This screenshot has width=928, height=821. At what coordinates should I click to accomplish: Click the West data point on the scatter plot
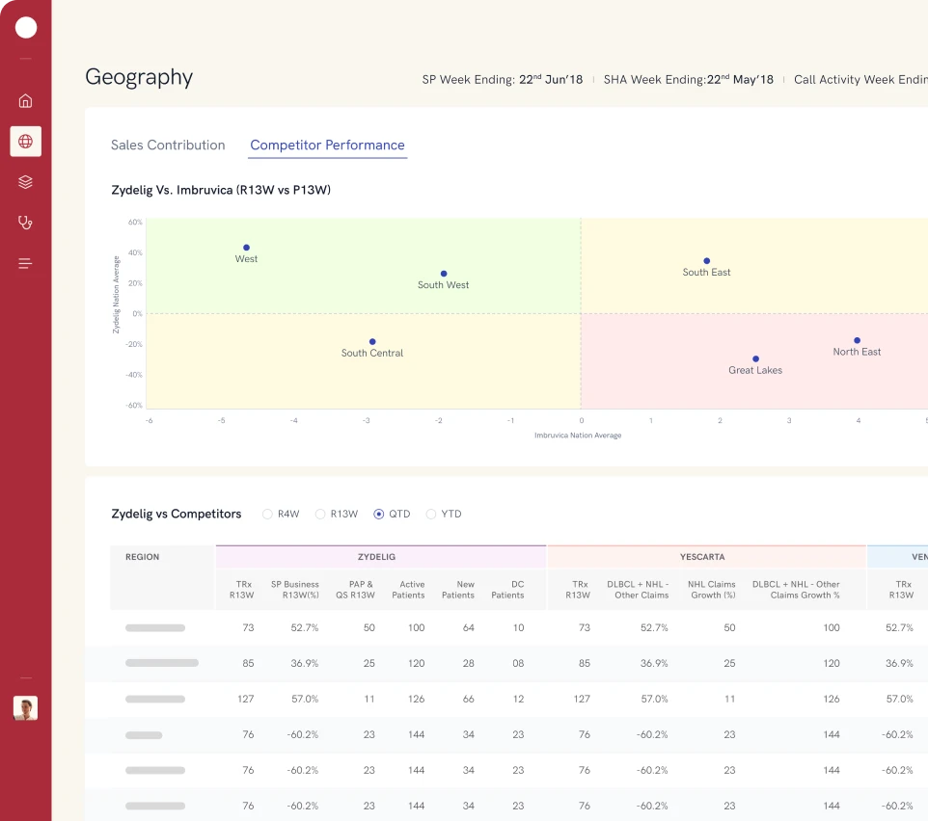coord(246,248)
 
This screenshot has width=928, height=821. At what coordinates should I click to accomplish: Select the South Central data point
coord(372,342)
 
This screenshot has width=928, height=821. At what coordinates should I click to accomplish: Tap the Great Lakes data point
coord(755,359)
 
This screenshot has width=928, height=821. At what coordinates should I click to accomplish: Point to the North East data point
coord(857,340)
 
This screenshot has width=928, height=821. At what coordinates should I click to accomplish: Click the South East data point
coord(706,261)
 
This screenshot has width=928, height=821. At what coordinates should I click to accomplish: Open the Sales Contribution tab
coord(168,146)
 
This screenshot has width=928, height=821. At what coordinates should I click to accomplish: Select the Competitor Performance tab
coord(327,146)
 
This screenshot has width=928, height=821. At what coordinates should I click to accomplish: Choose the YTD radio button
coord(431,515)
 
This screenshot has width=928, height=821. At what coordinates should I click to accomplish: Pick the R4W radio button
coord(268,515)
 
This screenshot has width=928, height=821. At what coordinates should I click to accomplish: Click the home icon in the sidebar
coord(26,100)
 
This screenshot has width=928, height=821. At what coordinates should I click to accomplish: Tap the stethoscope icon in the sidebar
coord(26,223)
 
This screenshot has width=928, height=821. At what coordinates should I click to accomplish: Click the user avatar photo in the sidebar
coord(25,708)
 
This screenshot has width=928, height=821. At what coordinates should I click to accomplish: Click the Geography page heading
coord(139,77)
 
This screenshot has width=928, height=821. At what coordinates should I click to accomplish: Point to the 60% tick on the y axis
coord(135,223)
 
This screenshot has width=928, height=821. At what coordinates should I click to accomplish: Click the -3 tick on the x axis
coord(366,421)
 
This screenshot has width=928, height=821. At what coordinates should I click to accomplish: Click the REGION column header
coord(143,557)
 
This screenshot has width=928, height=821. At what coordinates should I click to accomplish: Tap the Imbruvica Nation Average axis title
coord(578,436)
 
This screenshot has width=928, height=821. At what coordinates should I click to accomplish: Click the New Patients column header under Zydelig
coord(458,590)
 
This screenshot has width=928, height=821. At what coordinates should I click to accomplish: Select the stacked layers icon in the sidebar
coord(26,182)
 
